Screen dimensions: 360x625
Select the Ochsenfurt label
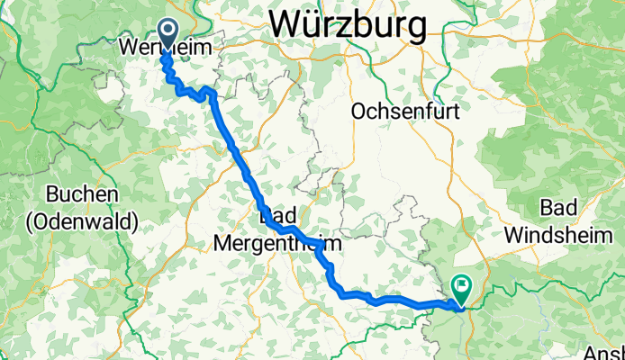(x=406, y=112)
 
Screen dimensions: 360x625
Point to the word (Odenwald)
(x=82, y=219)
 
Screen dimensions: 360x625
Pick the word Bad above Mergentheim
(x=276, y=217)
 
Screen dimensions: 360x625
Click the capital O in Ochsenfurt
(x=359, y=112)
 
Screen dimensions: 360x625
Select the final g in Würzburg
(x=417, y=29)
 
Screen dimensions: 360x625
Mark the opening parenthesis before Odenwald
(x=30, y=220)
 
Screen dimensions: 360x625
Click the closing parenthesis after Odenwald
(x=134, y=220)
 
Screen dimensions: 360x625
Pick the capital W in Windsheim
(x=514, y=233)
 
